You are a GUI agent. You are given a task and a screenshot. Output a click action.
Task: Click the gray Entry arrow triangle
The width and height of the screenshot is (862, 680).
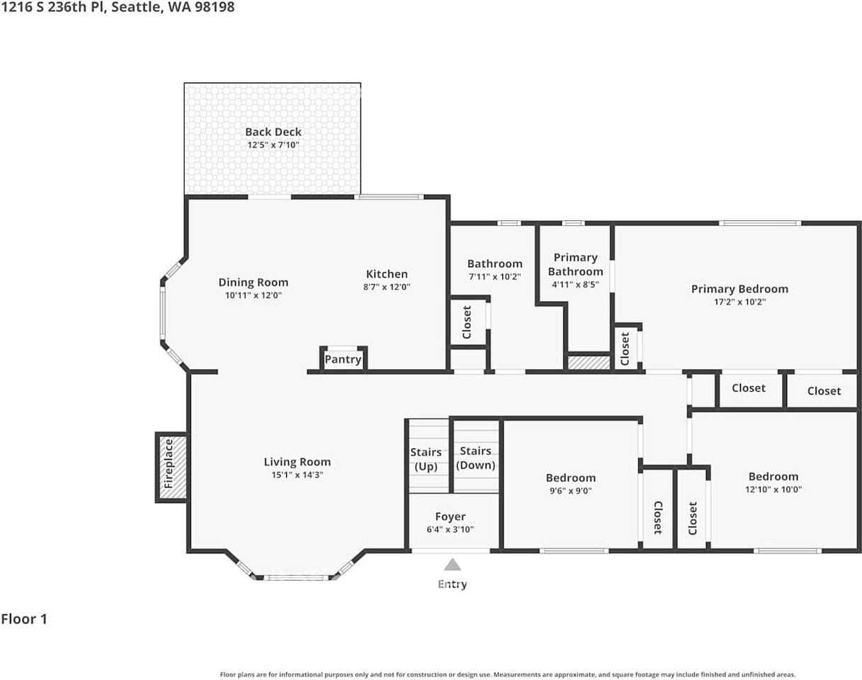(452, 565)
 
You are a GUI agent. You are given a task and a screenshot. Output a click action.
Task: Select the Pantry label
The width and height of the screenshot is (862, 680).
(343, 359)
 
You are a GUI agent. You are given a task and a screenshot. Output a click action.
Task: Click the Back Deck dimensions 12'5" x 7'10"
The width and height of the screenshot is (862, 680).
(273, 144)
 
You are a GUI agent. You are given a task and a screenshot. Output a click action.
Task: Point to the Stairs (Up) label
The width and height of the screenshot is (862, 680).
(426, 459)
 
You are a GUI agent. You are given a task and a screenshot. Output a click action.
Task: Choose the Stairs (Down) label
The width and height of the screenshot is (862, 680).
(475, 458)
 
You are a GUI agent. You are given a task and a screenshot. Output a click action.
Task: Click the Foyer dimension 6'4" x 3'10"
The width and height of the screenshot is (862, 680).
(450, 529)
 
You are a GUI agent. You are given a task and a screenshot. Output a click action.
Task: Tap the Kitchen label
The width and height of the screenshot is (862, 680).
(387, 274)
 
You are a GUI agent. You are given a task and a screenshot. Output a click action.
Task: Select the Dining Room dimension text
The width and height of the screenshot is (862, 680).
(254, 295)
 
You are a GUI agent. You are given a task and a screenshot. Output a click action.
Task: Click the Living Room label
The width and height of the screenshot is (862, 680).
(297, 462)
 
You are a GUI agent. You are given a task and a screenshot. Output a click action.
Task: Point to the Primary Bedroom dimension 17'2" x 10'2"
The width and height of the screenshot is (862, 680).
(740, 302)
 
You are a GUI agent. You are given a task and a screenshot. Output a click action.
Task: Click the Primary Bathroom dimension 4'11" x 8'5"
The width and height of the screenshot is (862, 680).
(576, 285)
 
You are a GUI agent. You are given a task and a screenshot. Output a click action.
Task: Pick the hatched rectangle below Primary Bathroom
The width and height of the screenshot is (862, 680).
(589, 362)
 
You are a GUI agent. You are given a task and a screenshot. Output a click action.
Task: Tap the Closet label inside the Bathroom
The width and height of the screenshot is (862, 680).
(467, 322)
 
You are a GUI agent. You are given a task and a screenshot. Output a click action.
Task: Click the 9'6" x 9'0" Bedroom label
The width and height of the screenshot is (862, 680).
(571, 484)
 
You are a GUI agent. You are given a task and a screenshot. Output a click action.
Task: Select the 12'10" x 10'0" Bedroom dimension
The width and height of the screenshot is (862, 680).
(773, 489)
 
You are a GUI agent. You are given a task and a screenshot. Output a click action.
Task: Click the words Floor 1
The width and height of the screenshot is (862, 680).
(24, 619)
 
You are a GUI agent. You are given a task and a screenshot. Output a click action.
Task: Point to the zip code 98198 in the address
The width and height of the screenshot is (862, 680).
(215, 7)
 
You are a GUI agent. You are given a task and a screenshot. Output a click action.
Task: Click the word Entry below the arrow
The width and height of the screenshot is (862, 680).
(453, 584)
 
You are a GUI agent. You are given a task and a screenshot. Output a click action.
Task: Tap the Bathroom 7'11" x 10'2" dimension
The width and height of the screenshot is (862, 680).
(494, 276)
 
